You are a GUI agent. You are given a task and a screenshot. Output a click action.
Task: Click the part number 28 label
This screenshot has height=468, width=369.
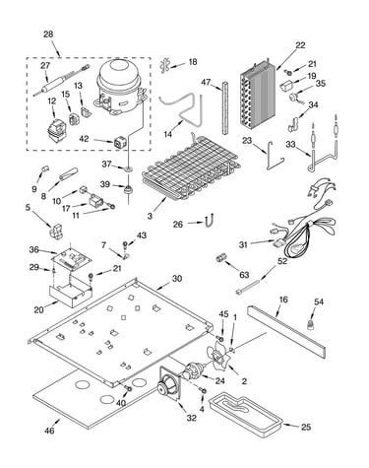[48, 34]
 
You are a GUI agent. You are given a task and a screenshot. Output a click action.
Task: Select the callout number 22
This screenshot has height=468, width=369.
[300, 45]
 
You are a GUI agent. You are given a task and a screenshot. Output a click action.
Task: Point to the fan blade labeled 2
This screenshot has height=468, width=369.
[216, 358]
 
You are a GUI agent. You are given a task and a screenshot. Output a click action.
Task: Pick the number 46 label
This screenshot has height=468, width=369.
[50, 431]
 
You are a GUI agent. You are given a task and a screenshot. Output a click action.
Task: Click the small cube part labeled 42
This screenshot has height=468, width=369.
[119, 142]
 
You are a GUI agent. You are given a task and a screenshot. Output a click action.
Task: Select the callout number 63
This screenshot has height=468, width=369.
[244, 275]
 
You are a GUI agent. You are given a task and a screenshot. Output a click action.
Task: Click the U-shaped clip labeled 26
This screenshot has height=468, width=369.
[209, 221]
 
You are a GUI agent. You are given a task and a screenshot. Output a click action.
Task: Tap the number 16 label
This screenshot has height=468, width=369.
[283, 300]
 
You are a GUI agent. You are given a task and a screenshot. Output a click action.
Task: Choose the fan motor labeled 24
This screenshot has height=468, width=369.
[193, 371]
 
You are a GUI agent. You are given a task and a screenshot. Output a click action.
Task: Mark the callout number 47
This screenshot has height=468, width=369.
[206, 82]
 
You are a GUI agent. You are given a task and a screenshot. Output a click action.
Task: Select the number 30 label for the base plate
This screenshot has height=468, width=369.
[177, 279]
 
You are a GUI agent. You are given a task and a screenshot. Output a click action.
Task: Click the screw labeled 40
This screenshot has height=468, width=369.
[129, 389]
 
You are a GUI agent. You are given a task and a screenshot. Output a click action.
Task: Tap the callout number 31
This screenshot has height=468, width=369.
[243, 244]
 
